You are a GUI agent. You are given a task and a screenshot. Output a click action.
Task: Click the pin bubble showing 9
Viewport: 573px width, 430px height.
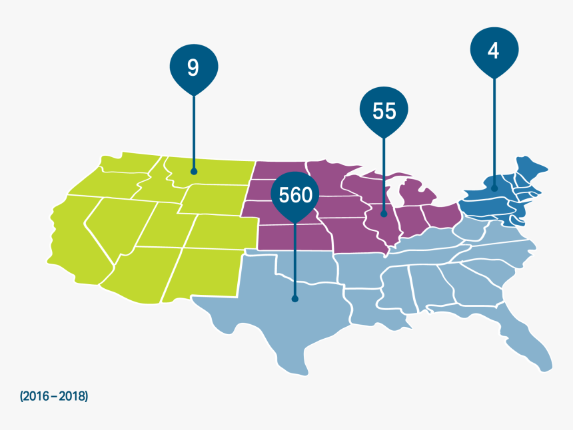193,68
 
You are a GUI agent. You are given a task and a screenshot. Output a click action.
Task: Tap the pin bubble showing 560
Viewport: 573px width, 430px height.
295,195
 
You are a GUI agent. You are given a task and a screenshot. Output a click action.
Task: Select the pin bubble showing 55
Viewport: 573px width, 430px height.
384,111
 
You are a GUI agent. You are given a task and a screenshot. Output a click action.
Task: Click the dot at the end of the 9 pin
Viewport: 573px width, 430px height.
194,171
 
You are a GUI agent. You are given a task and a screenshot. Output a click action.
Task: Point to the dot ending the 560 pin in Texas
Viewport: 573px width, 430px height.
294,300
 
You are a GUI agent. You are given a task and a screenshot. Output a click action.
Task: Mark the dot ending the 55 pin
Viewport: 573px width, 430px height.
384,214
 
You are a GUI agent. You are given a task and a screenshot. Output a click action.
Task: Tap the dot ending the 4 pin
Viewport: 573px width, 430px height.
494,188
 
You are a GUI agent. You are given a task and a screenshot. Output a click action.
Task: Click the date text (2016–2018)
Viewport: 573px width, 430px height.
54,396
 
